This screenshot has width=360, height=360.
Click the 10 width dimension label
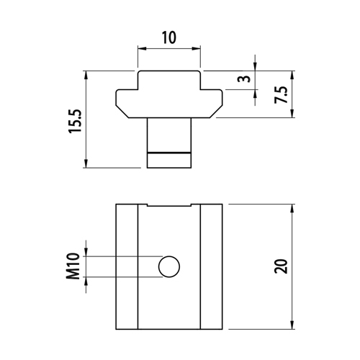pyautogui.click(x=169, y=37)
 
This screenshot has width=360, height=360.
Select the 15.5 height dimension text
pyautogui.click(x=76, y=122)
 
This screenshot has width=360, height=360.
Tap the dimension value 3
pyautogui.click(x=244, y=78)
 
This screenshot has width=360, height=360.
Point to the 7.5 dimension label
pyautogui.click(x=281, y=94)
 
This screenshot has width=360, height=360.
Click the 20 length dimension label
pyautogui.click(x=281, y=266)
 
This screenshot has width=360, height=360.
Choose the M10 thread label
pyautogui.click(x=73, y=266)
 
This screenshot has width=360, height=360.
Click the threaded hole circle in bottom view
pyautogui.click(x=169, y=266)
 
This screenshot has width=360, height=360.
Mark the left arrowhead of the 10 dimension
pyautogui.click(x=142, y=49)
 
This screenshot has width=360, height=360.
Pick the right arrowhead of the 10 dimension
pyautogui.click(x=196, y=49)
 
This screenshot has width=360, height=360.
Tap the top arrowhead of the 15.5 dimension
pyautogui.click(x=86, y=76)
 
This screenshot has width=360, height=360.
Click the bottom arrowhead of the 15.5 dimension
pyautogui.click(x=86, y=163)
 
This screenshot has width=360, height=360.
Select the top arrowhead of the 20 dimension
pyautogui.click(x=292, y=209)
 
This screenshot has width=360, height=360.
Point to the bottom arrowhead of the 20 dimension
pyautogui.click(x=292, y=325)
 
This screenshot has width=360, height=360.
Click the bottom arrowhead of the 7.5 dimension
pyautogui.click(x=292, y=113)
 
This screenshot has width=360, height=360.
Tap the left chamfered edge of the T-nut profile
pyautogui.click(x=122, y=112)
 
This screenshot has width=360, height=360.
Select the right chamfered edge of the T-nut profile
pyautogui.click(x=216, y=112)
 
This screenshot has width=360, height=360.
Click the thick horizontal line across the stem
pyautogui.click(x=169, y=153)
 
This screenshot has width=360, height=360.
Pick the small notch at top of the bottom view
pyautogui.click(x=169, y=205)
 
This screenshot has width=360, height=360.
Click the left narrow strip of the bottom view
pyautogui.click(x=127, y=266)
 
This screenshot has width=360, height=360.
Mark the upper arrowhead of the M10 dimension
pyautogui.click(x=86, y=252)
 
